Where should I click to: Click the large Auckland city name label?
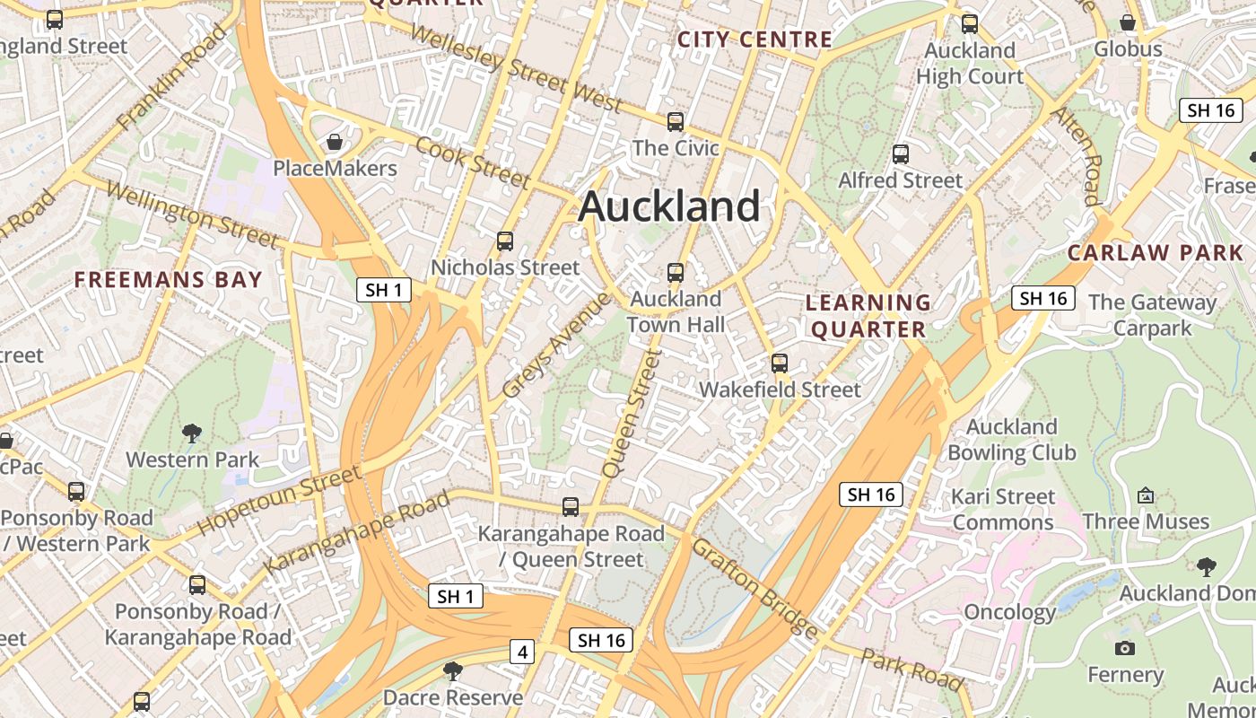pyautogui.click(x=669, y=206)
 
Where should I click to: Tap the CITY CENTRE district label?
pyautogui.click(x=754, y=39)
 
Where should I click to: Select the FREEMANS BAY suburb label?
pyautogui.click(x=169, y=279)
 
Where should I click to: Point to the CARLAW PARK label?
pyautogui.click(x=1155, y=252)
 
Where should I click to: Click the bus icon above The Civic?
pyautogui.click(x=676, y=121)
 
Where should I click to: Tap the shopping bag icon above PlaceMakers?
pyautogui.click(x=335, y=142)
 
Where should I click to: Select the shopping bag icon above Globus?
pyautogui.click(x=1128, y=22)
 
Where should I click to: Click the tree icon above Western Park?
pyautogui.click(x=192, y=434)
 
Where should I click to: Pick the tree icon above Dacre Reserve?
pyautogui.click(x=453, y=670)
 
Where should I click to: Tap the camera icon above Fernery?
pyautogui.click(x=1125, y=648)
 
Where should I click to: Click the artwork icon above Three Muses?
pyautogui.click(x=1146, y=495)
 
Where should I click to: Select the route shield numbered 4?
pyautogui.click(x=522, y=652)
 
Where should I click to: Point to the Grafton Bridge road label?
pyautogui.click(x=755, y=587)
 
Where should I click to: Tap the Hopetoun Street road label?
pyautogui.click(x=279, y=499)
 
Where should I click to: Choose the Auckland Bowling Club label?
pyautogui.click(x=1011, y=439)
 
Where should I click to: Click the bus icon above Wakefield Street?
pyautogui.click(x=780, y=363)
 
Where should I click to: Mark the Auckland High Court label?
pyautogui.click(x=969, y=63)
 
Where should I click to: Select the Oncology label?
pyautogui.click(x=1009, y=612)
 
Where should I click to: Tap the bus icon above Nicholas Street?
pyautogui.click(x=505, y=241)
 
